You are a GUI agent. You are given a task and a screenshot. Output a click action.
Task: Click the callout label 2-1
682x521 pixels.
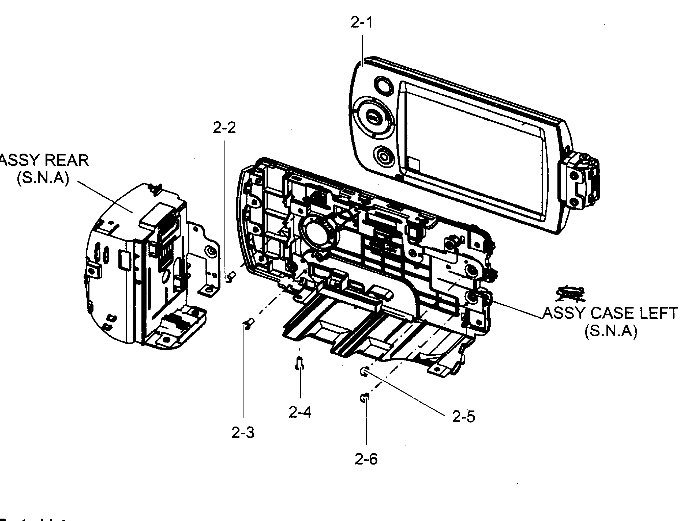361,22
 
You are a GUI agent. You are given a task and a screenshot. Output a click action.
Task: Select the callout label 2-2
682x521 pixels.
224,127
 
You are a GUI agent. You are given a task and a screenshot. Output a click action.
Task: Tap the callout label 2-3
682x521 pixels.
242,433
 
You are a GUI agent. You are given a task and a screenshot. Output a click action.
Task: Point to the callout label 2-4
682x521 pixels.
299,412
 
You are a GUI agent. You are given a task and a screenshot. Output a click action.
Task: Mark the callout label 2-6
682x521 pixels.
366,459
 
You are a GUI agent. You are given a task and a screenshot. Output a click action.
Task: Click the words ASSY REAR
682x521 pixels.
43,160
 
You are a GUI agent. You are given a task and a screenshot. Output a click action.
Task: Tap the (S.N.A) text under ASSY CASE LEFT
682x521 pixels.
610,331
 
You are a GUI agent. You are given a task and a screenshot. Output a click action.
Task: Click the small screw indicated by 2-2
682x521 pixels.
231,276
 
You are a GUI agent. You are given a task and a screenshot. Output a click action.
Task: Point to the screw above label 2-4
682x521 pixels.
299,363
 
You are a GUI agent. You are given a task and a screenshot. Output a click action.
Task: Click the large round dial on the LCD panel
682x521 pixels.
374,117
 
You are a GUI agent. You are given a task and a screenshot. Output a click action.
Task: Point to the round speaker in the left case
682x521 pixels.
318,233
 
